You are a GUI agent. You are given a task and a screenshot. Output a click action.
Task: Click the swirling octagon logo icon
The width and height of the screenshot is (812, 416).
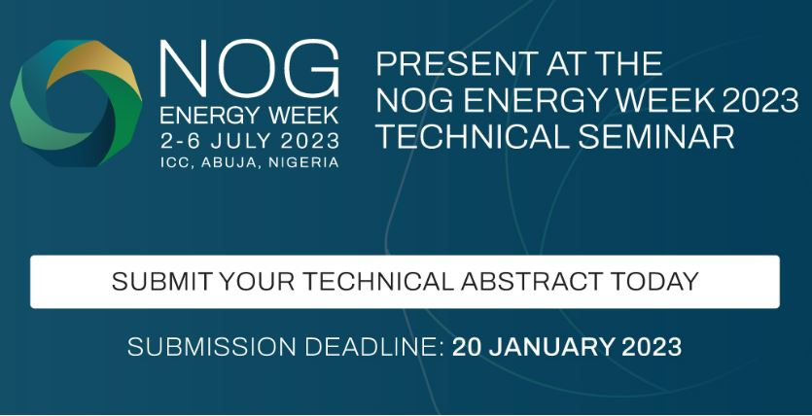tap(76, 102)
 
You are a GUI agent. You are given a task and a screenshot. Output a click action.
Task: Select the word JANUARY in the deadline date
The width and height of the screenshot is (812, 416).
tap(554, 346)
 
